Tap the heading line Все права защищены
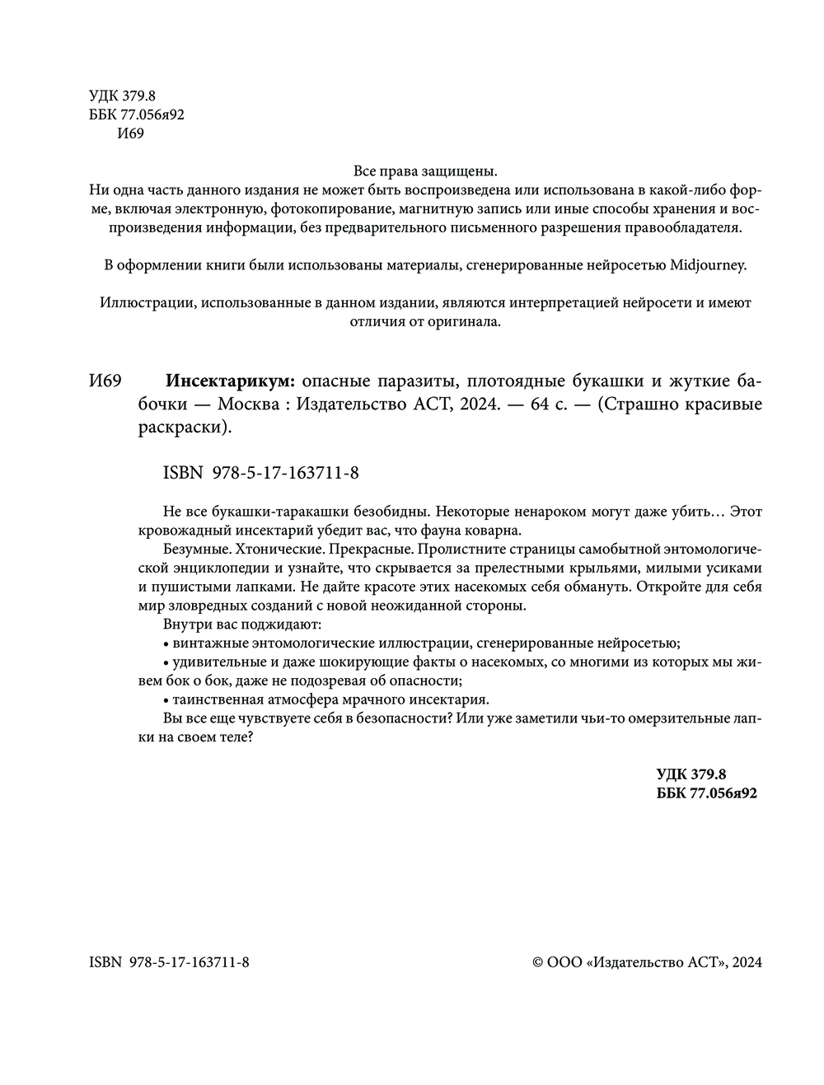coord(425,172)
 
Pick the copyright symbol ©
coord(538,962)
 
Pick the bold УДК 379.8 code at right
coord(691,774)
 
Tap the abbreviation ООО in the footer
coord(565,962)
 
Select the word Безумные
coord(194,549)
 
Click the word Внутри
coord(185,624)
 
